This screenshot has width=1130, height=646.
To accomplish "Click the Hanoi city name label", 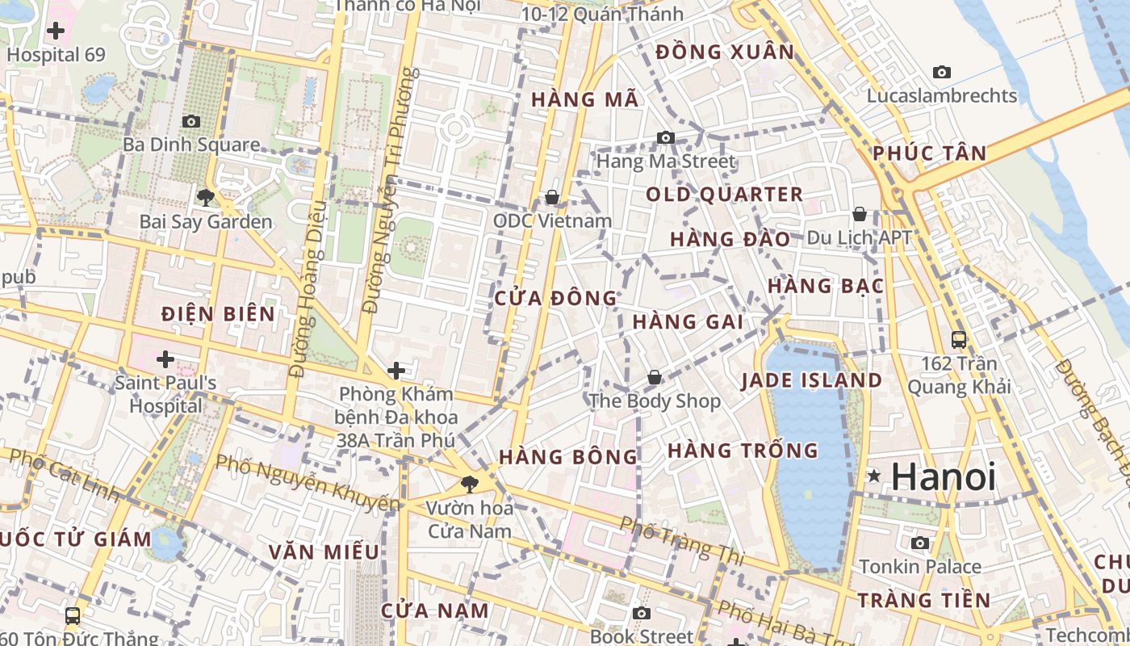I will (x=944, y=476).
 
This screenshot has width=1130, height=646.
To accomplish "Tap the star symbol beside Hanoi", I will (x=873, y=476).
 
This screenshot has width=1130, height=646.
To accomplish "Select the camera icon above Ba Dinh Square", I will (x=191, y=121).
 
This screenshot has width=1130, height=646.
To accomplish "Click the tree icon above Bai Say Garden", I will (x=205, y=196).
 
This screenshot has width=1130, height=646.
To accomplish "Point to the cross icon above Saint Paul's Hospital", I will (x=165, y=359).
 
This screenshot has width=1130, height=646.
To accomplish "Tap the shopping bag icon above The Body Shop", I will (x=655, y=377).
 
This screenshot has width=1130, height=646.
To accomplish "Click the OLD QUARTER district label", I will (x=724, y=195).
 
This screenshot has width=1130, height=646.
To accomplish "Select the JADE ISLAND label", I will (x=811, y=380).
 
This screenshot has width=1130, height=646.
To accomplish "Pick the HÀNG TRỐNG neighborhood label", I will (x=743, y=451).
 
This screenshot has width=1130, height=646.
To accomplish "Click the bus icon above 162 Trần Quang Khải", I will (x=959, y=339).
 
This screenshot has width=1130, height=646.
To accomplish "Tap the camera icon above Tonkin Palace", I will (x=920, y=543).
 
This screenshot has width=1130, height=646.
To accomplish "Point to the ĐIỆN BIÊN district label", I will (x=218, y=314).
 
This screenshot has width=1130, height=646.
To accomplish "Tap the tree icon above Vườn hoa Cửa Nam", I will (x=469, y=484).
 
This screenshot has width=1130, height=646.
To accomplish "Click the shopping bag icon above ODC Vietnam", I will (x=552, y=197).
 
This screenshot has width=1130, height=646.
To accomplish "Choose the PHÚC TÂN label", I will (x=930, y=153).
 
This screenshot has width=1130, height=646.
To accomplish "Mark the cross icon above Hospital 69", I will (x=56, y=31).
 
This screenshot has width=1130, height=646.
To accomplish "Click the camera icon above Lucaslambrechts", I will (x=942, y=73).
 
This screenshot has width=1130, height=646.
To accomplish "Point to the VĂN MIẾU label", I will (x=324, y=552).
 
